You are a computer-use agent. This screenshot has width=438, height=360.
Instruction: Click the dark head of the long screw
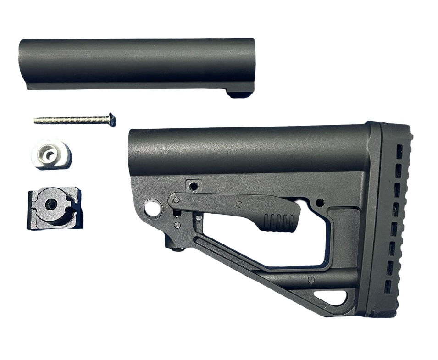[111, 120]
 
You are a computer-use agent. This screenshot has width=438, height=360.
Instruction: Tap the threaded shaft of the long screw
[69, 120]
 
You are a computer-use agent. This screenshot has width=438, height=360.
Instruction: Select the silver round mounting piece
[51, 154]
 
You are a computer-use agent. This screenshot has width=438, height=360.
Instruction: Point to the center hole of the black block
[51, 205]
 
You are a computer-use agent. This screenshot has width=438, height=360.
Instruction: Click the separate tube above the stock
[137, 63]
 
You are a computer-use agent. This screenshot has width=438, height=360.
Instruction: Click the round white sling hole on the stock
[153, 209]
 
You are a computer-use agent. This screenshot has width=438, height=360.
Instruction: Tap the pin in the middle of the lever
[238, 204]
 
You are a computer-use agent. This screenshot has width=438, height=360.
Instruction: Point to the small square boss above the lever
[194, 186]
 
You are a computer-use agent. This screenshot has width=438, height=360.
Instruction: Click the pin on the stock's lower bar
[311, 280]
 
